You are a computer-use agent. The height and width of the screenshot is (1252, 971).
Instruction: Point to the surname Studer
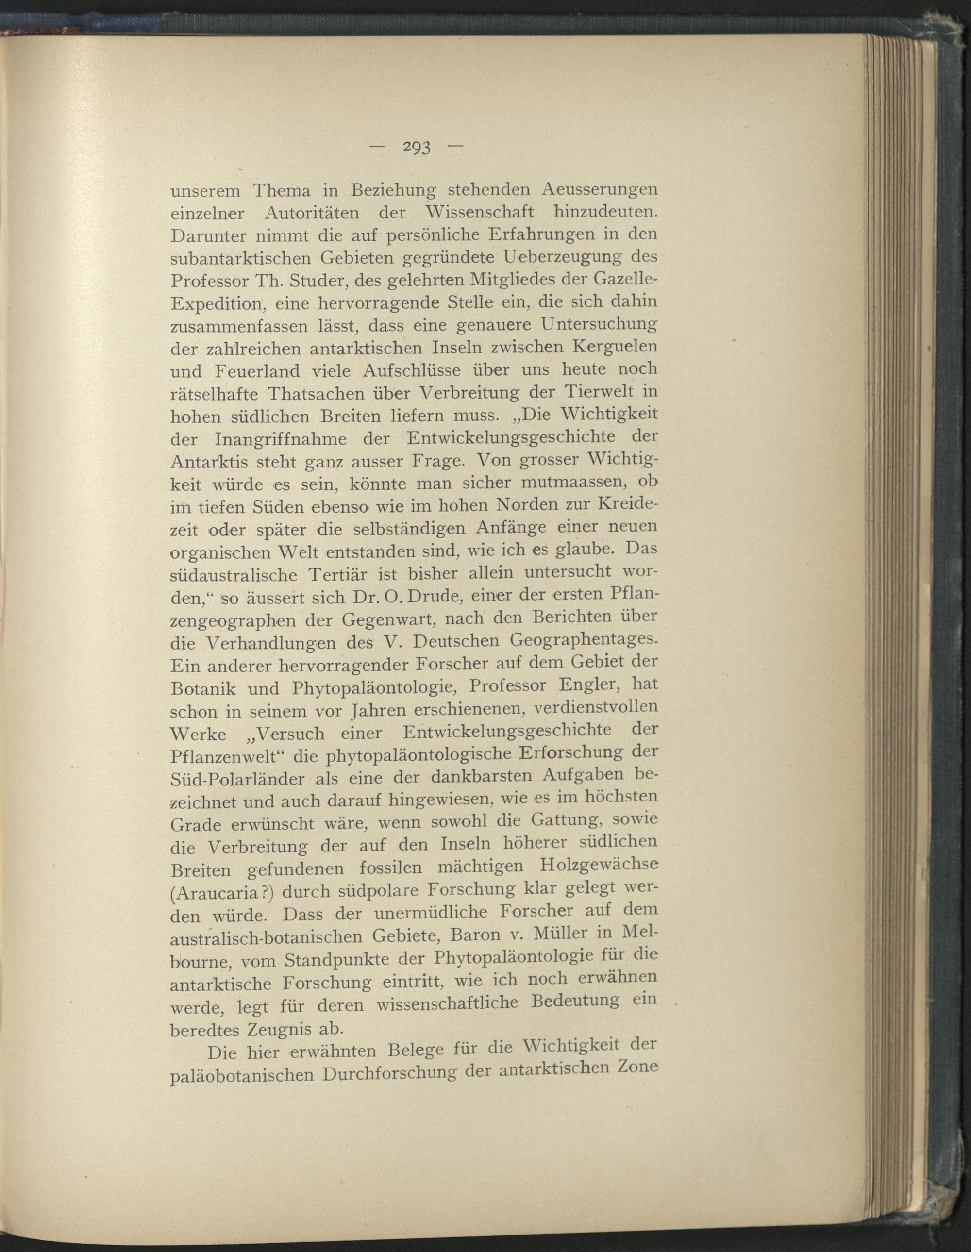pyautogui.click(x=317, y=282)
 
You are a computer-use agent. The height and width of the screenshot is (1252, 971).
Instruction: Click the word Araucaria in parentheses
pyautogui.click(x=221, y=893)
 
